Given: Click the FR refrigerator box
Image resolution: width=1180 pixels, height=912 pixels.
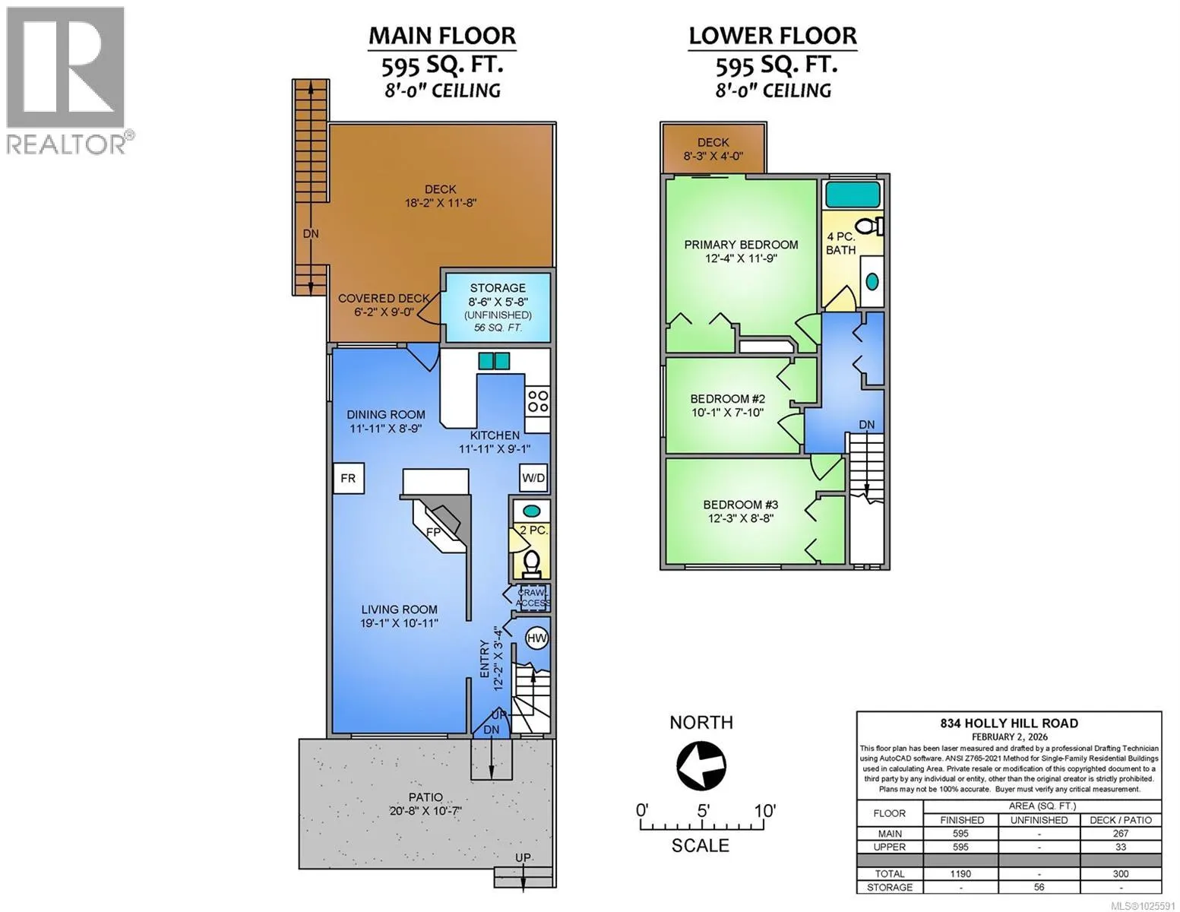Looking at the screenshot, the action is [348, 478].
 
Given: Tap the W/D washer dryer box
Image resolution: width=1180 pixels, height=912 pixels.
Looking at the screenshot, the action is [533, 478].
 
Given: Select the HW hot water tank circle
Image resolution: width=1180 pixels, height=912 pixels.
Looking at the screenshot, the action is [536, 638].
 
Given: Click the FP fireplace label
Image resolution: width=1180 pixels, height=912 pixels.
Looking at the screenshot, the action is [433, 532].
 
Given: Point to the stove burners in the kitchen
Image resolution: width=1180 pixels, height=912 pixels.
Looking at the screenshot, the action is [538, 401].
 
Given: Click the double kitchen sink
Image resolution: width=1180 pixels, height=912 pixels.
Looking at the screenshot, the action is [494, 361].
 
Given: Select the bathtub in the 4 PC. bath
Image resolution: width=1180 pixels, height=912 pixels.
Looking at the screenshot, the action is [852, 194].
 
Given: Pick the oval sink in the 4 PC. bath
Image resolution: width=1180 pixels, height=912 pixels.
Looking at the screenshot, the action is [872, 281].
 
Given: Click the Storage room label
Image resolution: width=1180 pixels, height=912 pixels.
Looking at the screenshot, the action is [498, 288].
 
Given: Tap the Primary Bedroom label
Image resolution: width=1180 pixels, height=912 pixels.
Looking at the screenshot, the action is [742, 245].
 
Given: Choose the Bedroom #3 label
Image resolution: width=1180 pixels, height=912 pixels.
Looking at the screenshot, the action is [741, 505].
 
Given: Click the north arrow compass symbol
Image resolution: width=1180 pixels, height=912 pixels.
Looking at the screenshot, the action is [701, 765].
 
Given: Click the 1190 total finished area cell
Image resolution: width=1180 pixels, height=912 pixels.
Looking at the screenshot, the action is [960, 874].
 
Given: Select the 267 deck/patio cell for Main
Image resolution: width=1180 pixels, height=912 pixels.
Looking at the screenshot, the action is [1120, 833].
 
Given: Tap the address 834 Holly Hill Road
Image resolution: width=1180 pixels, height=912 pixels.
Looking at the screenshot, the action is [1009, 723].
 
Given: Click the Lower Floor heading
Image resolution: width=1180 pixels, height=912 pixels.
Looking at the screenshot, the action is [773, 36].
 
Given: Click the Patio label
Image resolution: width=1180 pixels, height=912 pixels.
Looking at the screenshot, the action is [425, 797].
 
